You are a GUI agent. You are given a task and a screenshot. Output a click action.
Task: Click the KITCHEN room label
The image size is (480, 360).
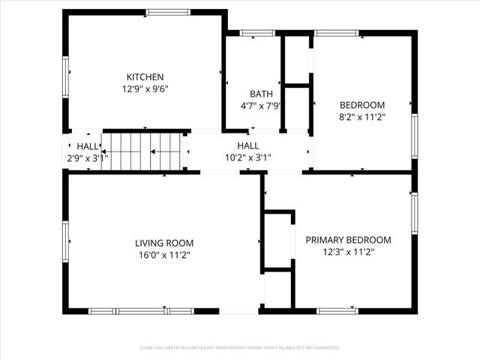pyautogui.click(x=145, y=76)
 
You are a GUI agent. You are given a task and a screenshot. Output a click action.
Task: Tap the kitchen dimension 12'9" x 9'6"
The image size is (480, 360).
pyautogui.click(x=145, y=88)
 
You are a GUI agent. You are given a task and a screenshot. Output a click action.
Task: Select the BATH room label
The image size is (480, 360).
pyautogui.click(x=261, y=94)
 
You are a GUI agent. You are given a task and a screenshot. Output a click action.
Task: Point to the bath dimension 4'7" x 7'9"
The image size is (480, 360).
pyautogui.click(x=261, y=106)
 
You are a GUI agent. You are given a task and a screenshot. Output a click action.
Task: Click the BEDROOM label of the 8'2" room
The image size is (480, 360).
pyautogui.click(x=362, y=105)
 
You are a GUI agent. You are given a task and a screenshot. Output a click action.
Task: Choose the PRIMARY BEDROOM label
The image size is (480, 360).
pyautogui.click(x=348, y=240)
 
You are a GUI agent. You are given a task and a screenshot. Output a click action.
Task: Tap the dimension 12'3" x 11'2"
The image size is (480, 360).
pyautogui.click(x=348, y=252)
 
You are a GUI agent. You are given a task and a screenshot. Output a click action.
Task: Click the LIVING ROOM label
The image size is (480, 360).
pyautogui.click(x=164, y=243)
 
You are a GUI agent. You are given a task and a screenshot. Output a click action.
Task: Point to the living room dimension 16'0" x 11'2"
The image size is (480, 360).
pyautogui.click(x=164, y=255)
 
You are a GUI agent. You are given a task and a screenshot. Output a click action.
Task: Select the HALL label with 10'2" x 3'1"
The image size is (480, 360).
pyautogui.click(x=248, y=145)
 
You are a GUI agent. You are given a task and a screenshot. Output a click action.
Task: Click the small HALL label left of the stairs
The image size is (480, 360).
pyautogui.click(x=87, y=146)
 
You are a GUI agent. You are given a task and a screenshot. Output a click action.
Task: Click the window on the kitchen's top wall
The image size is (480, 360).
pyautogui.click(x=168, y=12)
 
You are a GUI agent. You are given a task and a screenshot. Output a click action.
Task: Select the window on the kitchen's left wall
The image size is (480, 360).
pyautogui.click(x=65, y=76)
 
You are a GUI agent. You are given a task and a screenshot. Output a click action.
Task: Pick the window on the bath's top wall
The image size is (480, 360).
pyautogui.click(x=257, y=33)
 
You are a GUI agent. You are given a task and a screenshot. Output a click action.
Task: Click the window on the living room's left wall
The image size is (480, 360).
pyautogui.click(x=65, y=241)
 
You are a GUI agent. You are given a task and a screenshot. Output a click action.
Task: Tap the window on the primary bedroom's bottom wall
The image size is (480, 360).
pyautogui.click(x=337, y=310)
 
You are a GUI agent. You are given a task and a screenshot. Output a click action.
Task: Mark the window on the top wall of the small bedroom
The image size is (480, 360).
pyautogui.click(x=336, y=33)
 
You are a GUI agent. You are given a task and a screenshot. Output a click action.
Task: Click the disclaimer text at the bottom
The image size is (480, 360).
pyautogui.click(x=240, y=348)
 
